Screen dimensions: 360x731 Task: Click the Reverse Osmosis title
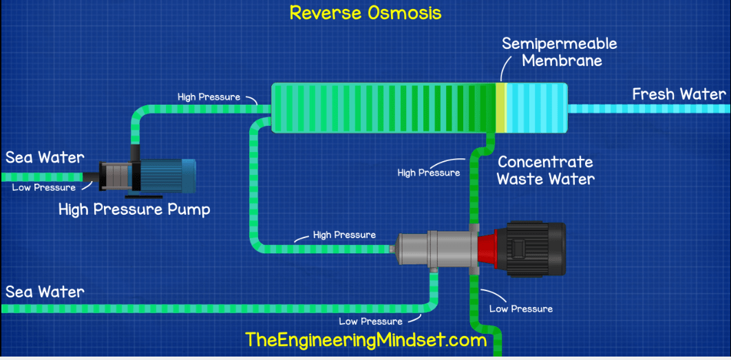[x=365, y=12]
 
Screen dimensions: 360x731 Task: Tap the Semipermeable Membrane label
[x=559, y=52]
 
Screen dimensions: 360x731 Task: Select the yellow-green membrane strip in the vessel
[x=501, y=107]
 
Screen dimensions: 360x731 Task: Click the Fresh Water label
[x=679, y=94]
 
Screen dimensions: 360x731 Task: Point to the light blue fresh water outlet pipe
[x=647, y=108]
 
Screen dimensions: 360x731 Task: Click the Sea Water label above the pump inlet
[x=45, y=158]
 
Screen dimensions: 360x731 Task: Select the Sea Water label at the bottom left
[x=45, y=292]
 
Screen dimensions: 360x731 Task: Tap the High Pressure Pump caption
[x=134, y=209]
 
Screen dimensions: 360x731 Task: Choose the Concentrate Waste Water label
[x=544, y=171]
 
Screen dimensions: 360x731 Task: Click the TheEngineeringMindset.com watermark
[x=365, y=339]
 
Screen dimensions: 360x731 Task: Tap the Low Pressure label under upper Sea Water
[x=44, y=188]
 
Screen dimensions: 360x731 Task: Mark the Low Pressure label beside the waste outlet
[x=520, y=308]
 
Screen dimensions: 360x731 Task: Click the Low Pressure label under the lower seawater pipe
[x=370, y=321]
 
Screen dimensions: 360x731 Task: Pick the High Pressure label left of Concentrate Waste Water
[x=429, y=173]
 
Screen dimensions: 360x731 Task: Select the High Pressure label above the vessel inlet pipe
[x=209, y=97]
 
